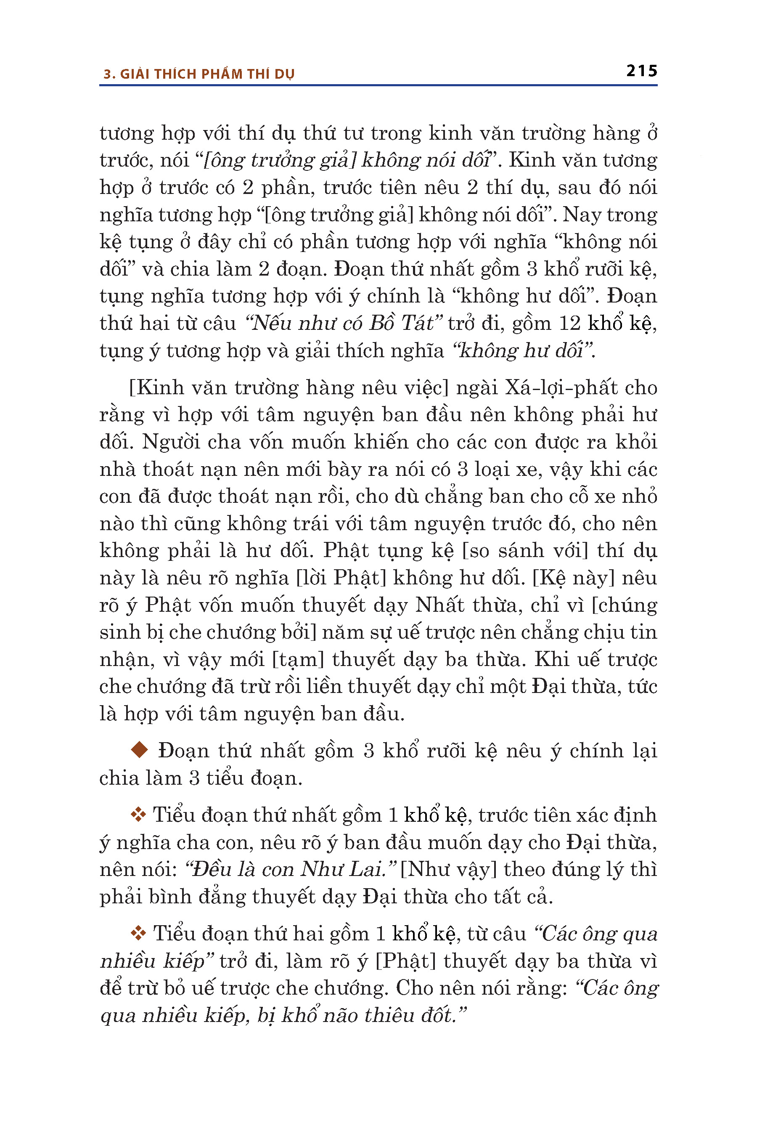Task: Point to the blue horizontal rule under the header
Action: click(x=378, y=85)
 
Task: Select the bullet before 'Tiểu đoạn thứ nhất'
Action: click(x=138, y=815)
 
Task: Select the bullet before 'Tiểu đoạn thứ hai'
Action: click(x=138, y=934)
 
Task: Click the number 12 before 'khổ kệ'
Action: click(x=570, y=323)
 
